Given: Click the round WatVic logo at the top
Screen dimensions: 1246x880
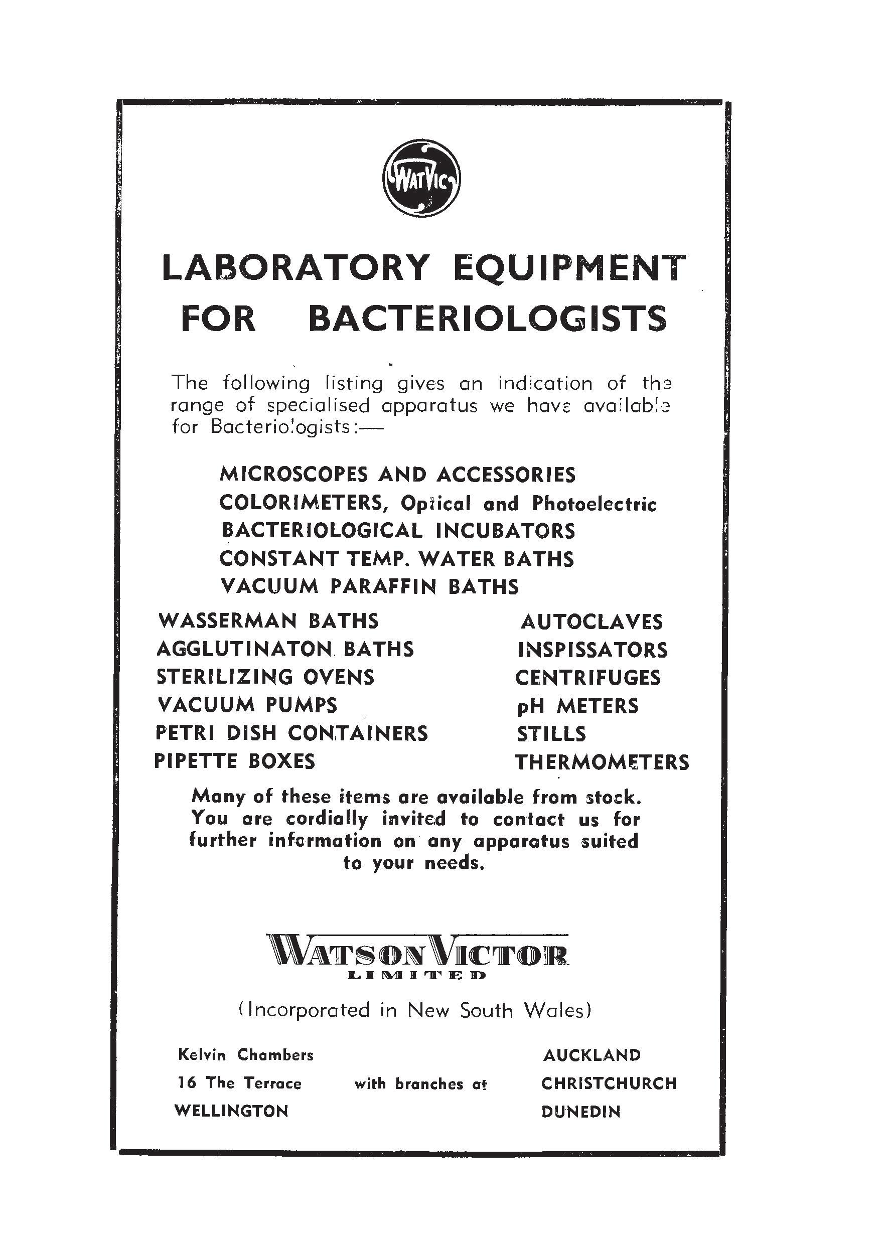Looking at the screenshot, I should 422,178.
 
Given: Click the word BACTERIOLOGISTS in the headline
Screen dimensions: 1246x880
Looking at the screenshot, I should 487,319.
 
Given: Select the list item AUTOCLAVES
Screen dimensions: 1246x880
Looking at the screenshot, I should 592,622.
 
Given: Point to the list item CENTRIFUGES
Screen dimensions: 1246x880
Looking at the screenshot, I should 588,678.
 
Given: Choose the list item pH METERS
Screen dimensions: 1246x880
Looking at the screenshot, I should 577,706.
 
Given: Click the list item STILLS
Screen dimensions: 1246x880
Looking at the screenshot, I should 551,734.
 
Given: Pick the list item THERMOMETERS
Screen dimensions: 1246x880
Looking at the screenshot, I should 602,762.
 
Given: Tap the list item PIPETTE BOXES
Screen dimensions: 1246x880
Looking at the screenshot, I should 234,761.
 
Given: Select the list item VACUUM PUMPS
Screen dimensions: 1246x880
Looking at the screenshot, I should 247,705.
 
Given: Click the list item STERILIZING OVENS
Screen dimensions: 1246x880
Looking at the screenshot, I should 265,677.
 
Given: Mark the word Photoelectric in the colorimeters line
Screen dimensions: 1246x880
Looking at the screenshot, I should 594,504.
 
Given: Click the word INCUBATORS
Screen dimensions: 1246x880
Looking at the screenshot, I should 505,531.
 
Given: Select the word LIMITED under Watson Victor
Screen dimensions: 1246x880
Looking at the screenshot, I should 416,975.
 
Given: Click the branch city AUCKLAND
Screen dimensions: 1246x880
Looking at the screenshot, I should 592,1055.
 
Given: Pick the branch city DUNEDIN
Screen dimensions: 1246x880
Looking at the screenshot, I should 580,1112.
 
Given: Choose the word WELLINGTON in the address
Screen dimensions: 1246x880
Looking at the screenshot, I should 231,1111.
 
